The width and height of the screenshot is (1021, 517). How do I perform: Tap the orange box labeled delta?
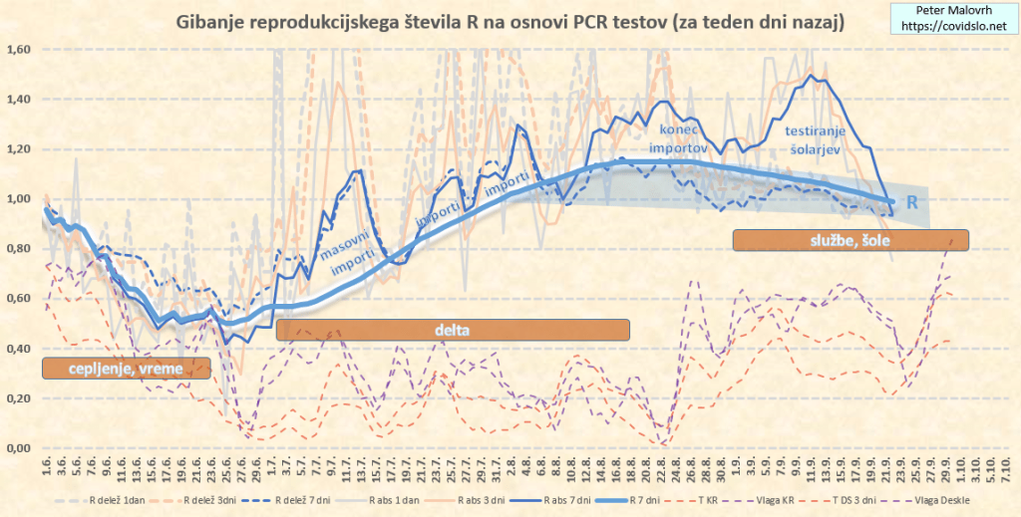coord(453,330)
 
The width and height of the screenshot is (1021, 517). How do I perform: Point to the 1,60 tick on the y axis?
coord(20,50)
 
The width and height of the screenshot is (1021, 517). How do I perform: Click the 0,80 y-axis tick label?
coord(20,249)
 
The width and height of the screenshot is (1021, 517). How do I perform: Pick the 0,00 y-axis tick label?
coord(20,448)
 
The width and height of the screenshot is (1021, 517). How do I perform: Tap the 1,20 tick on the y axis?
coord(20,149)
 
